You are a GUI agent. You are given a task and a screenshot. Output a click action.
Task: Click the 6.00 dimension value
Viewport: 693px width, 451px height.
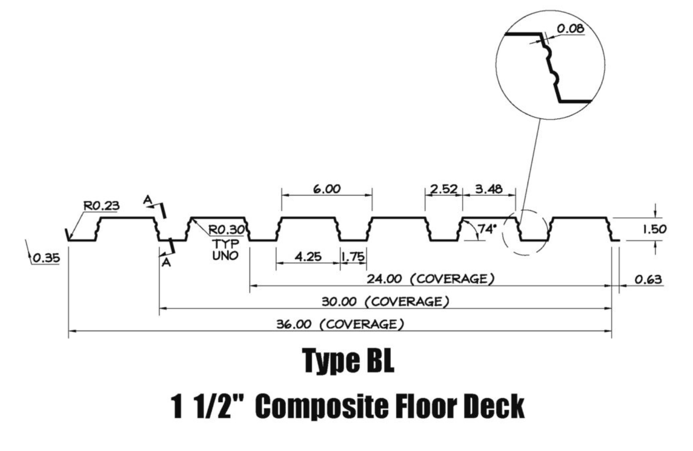coord(327,189)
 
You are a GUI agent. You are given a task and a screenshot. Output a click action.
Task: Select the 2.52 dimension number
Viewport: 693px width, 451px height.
coord(444,189)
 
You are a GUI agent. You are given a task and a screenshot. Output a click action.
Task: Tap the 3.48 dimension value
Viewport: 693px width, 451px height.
coord(488,189)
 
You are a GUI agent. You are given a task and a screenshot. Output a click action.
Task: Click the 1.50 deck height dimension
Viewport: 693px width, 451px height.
coord(655,229)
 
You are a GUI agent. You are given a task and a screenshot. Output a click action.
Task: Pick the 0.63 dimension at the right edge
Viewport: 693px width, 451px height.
coord(648,279)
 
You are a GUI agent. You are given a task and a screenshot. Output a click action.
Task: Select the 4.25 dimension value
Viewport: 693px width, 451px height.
coord(308,256)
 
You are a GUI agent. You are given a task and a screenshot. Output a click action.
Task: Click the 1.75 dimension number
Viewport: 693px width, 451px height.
coord(353,256)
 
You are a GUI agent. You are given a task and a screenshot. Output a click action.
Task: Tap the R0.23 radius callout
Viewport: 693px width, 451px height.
coord(101,205)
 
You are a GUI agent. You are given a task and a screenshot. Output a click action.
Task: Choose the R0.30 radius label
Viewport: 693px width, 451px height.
coord(226,229)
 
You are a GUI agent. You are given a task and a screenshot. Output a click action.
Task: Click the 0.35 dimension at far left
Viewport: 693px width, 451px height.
coord(46,258)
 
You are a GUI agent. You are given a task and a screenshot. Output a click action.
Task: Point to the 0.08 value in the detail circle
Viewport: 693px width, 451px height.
coord(570,29)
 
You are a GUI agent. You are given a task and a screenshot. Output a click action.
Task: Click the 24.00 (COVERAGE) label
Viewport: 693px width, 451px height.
coord(431,279)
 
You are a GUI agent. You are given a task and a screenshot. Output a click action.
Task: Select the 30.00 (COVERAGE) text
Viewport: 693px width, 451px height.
coord(385,302)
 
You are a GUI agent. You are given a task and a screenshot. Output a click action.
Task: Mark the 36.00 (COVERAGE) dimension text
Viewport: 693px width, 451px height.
coord(340,324)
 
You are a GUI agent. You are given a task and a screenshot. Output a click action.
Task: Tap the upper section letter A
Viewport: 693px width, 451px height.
coord(147,200)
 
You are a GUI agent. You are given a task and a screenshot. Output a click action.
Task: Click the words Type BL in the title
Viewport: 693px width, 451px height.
coord(348,361)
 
